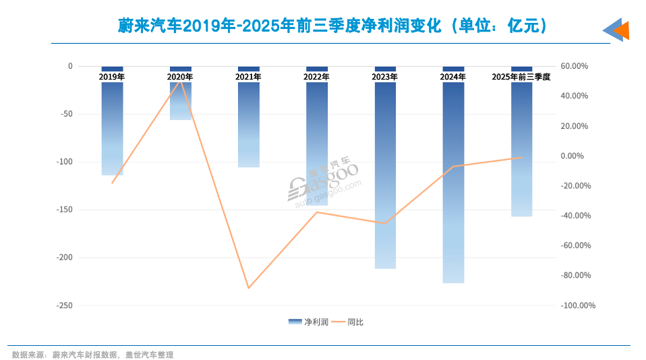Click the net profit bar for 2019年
[x=112, y=128]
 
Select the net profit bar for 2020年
[x=181, y=101]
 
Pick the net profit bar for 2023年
[x=385, y=175]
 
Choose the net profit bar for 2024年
[x=453, y=182]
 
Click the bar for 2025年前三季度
[x=521, y=148]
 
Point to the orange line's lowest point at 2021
[x=249, y=289]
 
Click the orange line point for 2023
[x=385, y=223]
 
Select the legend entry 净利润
[x=308, y=322]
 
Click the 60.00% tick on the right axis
[x=575, y=66]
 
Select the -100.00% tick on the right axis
[x=578, y=305]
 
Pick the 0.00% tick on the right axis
[x=575, y=156]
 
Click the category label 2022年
[x=317, y=77]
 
